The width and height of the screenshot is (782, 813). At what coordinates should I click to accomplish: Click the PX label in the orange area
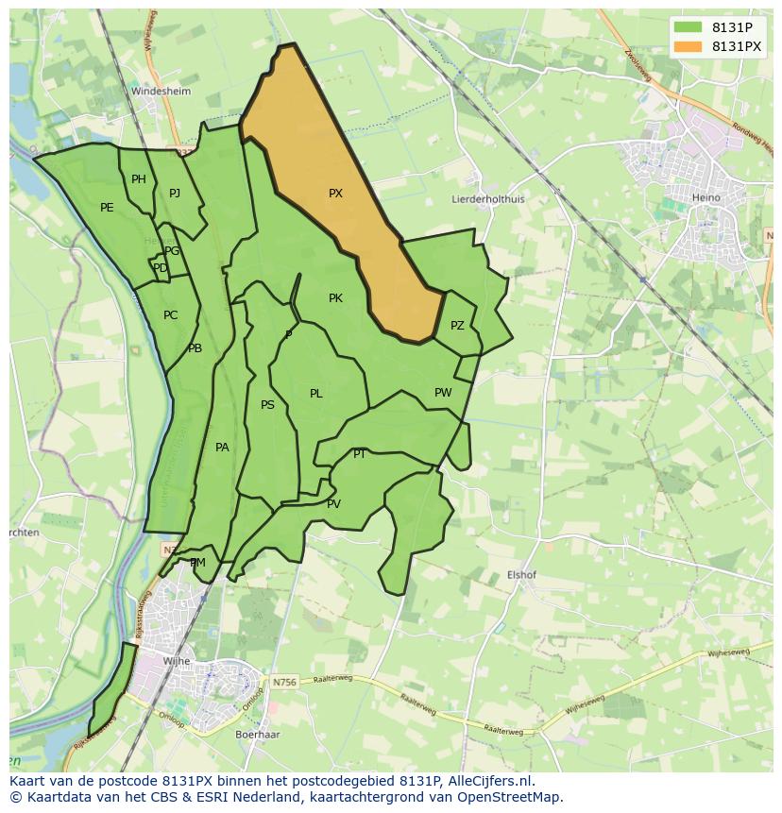(x=335, y=194)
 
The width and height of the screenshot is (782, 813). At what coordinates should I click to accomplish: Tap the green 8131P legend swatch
(x=688, y=27)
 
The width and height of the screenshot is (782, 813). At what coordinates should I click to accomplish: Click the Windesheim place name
(x=161, y=92)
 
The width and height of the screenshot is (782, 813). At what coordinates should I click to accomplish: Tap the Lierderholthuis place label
(x=488, y=200)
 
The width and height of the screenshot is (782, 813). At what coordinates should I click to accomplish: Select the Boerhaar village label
(x=256, y=733)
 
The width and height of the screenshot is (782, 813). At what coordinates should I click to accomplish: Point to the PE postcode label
(x=107, y=208)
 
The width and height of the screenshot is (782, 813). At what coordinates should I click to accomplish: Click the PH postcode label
(x=139, y=179)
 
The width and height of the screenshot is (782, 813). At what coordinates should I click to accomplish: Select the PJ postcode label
(x=175, y=194)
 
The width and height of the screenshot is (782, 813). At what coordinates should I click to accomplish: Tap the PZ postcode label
(x=457, y=326)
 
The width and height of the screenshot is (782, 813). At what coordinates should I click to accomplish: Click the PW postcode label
(x=443, y=393)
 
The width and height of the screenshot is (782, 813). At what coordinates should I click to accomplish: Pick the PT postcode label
(x=360, y=454)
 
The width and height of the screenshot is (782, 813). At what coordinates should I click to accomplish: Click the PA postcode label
(x=222, y=448)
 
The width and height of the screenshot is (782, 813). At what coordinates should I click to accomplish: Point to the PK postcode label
(x=335, y=298)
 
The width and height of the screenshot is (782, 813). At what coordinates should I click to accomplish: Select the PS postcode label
(x=267, y=405)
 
